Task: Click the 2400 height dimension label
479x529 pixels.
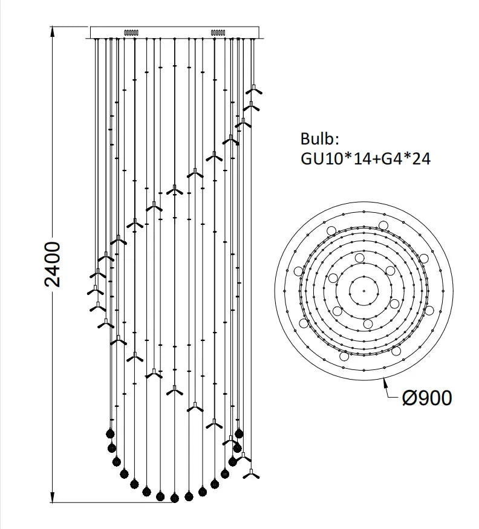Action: click(x=53, y=264)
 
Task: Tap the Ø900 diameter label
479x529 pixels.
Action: click(x=427, y=398)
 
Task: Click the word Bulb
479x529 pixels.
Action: click(x=319, y=138)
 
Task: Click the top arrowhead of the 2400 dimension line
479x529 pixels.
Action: click(x=53, y=31)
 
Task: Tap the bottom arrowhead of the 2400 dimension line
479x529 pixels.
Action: click(x=53, y=498)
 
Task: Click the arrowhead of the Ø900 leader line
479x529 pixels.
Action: click(x=385, y=383)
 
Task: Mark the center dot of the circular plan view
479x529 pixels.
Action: click(x=364, y=290)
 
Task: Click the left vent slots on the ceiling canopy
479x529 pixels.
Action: click(x=131, y=33)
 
